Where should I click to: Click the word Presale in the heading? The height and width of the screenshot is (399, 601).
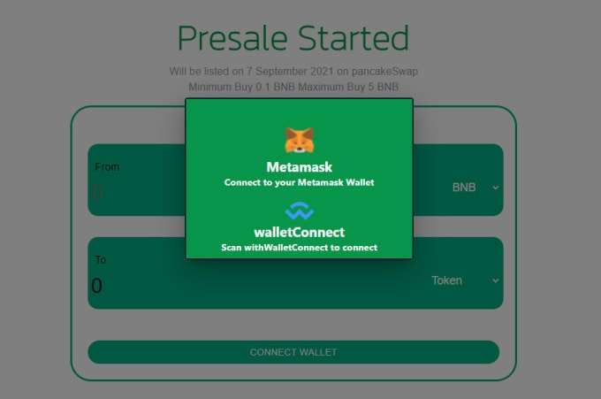[x=232, y=38]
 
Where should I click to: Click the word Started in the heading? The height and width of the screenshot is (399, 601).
[x=354, y=38]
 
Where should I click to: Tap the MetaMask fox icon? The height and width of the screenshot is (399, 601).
[x=300, y=141]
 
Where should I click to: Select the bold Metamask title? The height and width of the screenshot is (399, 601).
[x=300, y=167]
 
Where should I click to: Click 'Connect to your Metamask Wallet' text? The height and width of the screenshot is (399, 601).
[x=300, y=182]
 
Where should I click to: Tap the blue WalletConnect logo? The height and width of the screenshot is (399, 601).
[x=300, y=211]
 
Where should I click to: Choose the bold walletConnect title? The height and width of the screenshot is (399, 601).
[x=300, y=232]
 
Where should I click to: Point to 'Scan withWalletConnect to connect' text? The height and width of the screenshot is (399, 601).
[x=300, y=248]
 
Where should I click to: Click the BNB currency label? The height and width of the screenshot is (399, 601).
[x=464, y=188]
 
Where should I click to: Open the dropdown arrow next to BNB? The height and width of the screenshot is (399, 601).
[x=496, y=188]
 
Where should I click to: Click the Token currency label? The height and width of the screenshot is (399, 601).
[x=447, y=280]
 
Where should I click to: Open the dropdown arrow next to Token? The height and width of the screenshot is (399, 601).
[x=496, y=280]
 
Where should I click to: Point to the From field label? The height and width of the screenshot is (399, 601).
[x=107, y=166]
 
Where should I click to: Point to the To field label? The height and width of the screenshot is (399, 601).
[x=101, y=260]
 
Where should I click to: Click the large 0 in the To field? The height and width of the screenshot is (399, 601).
[x=97, y=286]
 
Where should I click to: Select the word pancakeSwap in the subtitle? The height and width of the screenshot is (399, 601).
[x=384, y=72]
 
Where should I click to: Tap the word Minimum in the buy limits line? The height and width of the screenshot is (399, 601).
[x=209, y=87]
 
